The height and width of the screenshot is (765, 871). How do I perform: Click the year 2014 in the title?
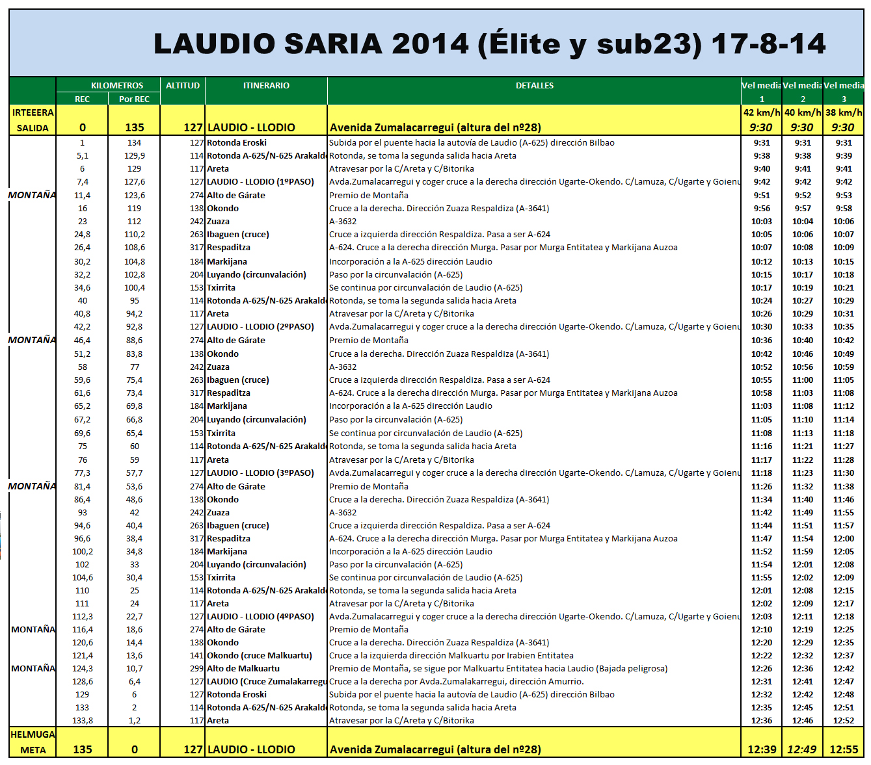[x=430, y=44]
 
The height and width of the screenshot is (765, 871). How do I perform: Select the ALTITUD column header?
[x=182, y=86]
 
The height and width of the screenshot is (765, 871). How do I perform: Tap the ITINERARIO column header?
[x=266, y=86]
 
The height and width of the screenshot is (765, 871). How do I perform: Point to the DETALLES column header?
[x=534, y=86]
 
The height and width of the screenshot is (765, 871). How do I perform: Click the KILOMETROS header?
[x=117, y=86]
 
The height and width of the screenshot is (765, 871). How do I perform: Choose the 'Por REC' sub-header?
[x=134, y=99]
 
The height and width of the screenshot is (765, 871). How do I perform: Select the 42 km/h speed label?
[x=762, y=112]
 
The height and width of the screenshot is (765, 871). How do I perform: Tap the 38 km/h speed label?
[x=844, y=112]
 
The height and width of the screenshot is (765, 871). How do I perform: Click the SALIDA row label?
[x=33, y=128]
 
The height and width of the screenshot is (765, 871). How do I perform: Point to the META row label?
[x=33, y=750]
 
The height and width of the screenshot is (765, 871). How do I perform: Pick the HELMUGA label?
[x=33, y=734]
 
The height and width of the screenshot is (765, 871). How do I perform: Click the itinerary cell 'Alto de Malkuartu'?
[x=243, y=669]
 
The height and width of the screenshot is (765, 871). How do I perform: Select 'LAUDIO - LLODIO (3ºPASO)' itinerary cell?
[x=260, y=473]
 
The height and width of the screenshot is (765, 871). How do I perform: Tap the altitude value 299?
[x=196, y=669]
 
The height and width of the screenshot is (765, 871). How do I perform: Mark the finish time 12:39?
[x=762, y=750]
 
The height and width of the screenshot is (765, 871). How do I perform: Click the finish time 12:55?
[x=844, y=750]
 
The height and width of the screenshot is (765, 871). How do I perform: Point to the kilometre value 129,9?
[x=135, y=156]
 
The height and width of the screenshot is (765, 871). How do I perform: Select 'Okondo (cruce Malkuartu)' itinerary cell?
[x=260, y=656]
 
